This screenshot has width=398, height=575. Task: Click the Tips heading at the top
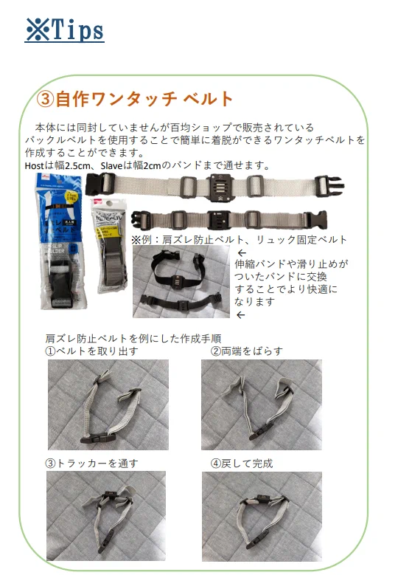65,30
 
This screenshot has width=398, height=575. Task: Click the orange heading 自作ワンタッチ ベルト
135,99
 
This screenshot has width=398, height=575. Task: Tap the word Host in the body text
34,166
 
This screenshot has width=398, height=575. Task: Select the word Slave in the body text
111,166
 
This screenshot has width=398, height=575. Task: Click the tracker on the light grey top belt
220,187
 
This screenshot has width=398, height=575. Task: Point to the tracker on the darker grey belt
219,219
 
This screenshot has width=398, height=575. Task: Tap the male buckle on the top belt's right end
329,185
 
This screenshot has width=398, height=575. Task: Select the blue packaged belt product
61,241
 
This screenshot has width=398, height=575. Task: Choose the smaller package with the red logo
110,246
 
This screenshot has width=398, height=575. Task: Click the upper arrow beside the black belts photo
242,253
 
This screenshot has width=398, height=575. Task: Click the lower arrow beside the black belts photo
241,315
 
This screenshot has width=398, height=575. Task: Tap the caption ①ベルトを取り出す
91,351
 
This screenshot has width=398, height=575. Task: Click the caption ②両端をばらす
246,351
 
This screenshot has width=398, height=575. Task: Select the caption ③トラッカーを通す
91,464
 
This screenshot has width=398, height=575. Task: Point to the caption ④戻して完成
242,464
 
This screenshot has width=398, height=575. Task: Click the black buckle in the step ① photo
98,438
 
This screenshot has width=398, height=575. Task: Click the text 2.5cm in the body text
77,166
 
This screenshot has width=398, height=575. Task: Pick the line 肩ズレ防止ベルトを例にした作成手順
133,339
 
